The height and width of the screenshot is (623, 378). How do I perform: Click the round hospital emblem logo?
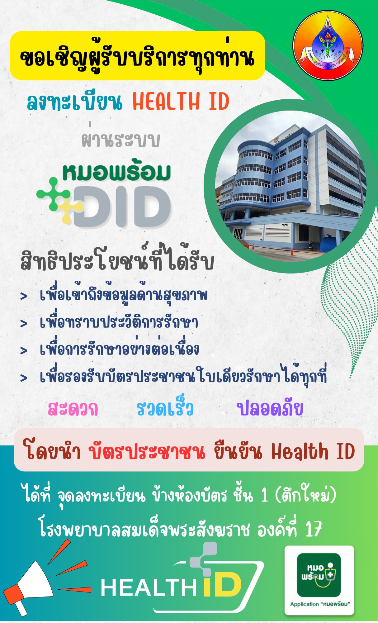point(328,45)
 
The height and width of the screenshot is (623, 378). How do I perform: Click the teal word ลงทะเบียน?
point(75,102)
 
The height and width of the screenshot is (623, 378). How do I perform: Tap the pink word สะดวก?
point(73,409)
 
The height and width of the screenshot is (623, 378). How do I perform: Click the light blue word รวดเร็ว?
point(165,407)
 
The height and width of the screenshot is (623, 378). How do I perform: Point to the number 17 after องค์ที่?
point(313,528)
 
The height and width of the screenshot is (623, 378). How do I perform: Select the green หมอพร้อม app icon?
point(319,575)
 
